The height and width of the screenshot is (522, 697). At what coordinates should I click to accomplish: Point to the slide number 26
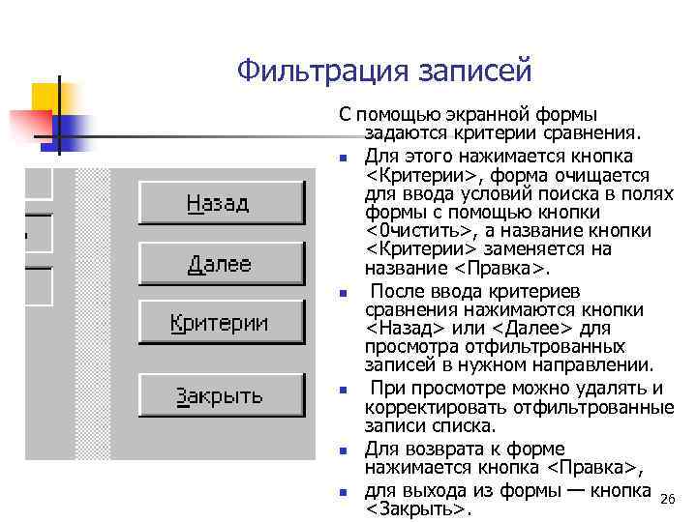(665, 499)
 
